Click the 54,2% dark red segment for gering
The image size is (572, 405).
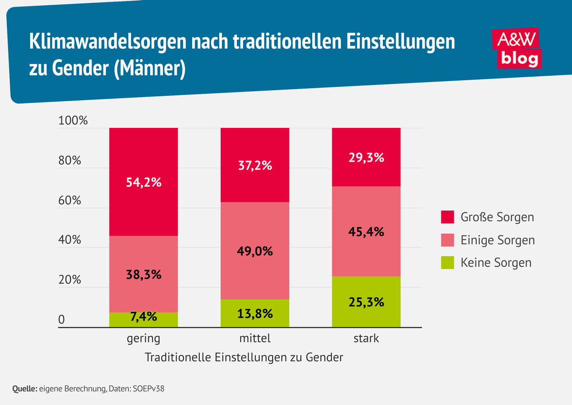click(x=143, y=182)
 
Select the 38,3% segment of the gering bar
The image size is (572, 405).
click(x=143, y=274)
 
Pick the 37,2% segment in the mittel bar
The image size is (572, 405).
click(x=255, y=165)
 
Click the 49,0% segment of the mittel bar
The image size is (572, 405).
click(x=255, y=250)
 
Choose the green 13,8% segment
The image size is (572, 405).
click(x=255, y=313)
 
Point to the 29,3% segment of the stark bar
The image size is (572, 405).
click(x=366, y=157)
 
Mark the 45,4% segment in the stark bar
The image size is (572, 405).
click(x=366, y=231)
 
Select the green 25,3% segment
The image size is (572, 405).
click(x=366, y=301)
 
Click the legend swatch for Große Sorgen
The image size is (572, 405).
click(x=448, y=218)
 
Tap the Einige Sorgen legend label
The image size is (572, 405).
click(x=497, y=240)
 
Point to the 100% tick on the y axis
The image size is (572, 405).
click(x=73, y=121)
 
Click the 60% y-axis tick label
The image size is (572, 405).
click(x=70, y=200)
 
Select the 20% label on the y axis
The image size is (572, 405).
click(x=70, y=280)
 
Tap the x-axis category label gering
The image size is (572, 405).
click(x=143, y=339)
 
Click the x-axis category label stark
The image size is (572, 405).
click(x=366, y=339)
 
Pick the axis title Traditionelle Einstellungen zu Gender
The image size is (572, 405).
click(x=244, y=357)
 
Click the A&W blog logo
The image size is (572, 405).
click(x=518, y=49)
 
